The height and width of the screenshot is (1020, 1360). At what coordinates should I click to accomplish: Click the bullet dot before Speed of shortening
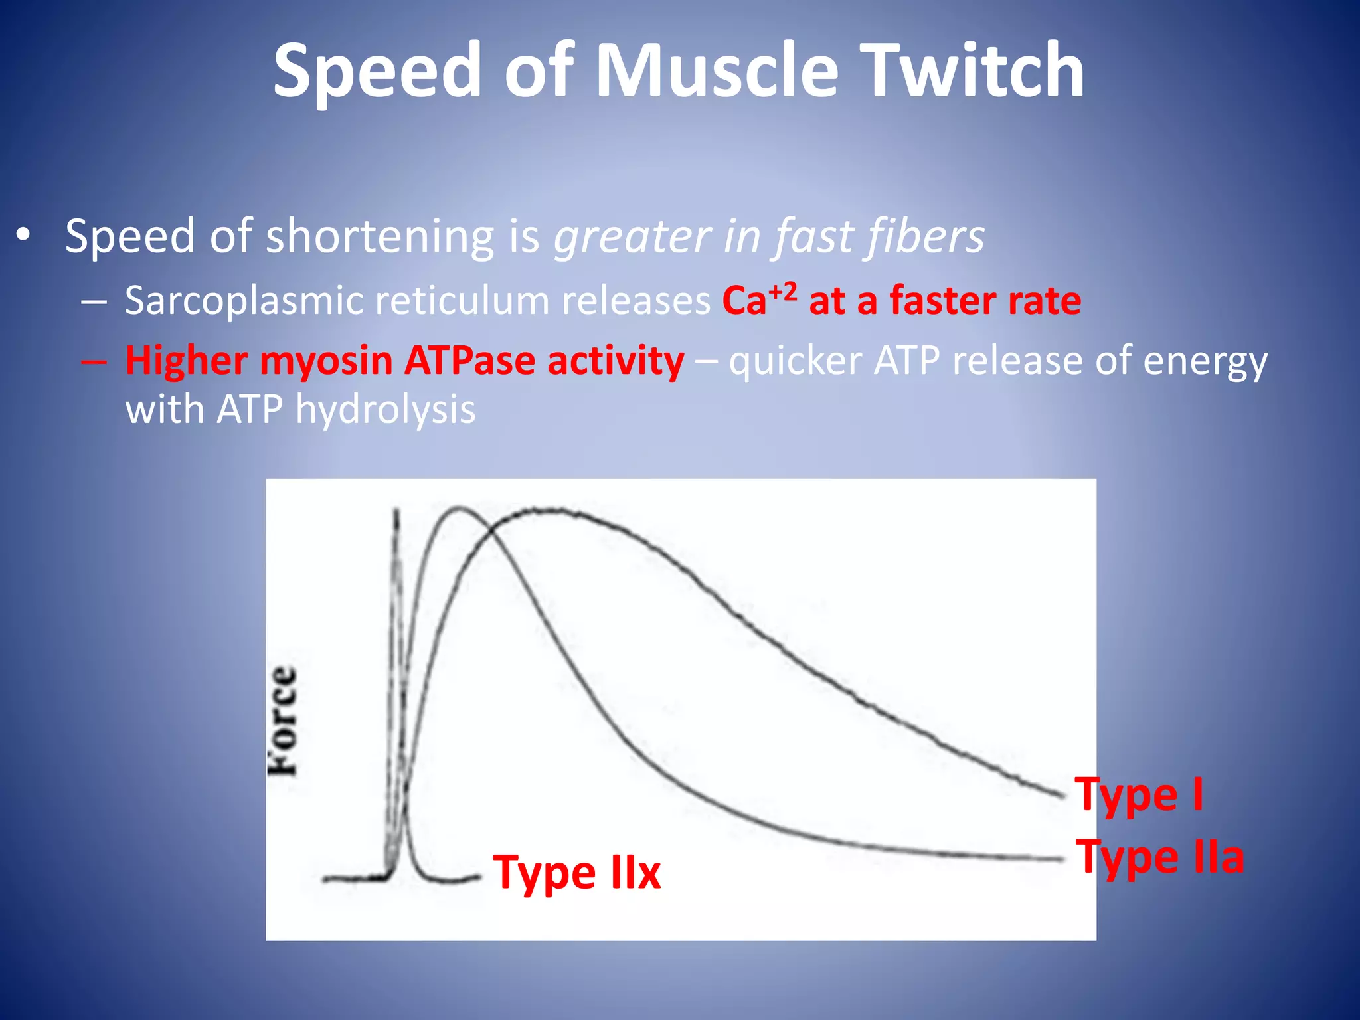click(x=24, y=235)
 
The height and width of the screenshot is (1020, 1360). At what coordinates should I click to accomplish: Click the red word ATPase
click(x=469, y=361)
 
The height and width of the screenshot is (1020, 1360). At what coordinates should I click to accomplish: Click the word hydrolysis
click(x=385, y=410)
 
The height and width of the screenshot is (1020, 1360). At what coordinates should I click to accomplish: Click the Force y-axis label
click(x=283, y=721)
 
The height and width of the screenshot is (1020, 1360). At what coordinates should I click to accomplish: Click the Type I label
click(x=1139, y=794)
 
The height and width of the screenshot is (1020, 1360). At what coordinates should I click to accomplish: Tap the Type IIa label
click(x=1159, y=857)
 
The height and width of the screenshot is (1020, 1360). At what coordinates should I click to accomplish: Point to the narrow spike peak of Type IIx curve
click(x=397, y=511)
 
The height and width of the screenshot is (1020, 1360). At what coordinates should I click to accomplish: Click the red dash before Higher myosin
click(x=94, y=361)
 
